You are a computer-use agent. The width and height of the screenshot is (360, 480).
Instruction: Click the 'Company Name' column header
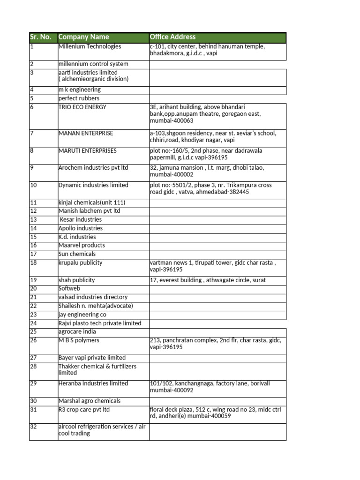pyautogui.click(x=83, y=37)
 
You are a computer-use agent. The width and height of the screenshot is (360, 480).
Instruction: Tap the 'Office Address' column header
pyautogui.click(x=172, y=37)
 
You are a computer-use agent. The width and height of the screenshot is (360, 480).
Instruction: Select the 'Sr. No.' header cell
pyautogui.click(x=41, y=37)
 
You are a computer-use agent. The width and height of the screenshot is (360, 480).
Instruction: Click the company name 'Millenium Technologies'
pyautogui.click(x=90, y=46)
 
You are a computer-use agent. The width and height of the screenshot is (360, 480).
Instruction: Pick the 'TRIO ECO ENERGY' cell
pyautogui.click(x=82, y=107)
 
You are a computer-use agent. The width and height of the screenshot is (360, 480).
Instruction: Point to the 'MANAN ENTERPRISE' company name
pyautogui.click(x=86, y=134)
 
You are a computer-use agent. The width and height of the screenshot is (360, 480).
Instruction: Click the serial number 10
pyautogui.click(x=33, y=185)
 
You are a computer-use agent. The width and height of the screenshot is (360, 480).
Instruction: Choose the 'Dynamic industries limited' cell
pyautogui.click(x=93, y=185)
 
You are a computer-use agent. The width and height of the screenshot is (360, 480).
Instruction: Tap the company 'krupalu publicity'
pyautogui.click(x=80, y=263)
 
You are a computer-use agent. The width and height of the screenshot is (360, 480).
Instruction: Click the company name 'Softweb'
pyautogui.click(x=69, y=289)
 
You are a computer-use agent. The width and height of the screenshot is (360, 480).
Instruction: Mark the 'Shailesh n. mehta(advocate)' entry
pyautogui.click(x=96, y=306)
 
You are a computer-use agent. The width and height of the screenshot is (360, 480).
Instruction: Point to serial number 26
pyautogui.click(x=33, y=340)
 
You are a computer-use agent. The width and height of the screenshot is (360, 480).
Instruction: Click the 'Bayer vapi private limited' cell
pyautogui.click(x=92, y=358)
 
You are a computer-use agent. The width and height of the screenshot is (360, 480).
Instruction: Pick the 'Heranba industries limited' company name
pyautogui.click(x=93, y=383)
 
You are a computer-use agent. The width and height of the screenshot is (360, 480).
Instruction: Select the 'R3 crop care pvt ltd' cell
pyautogui.click(x=84, y=410)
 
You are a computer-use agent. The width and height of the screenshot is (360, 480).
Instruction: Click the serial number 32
pyautogui.click(x=33, y=427)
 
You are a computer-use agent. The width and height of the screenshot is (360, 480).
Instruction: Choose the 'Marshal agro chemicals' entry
pyautogui.click(x=89, y=401)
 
